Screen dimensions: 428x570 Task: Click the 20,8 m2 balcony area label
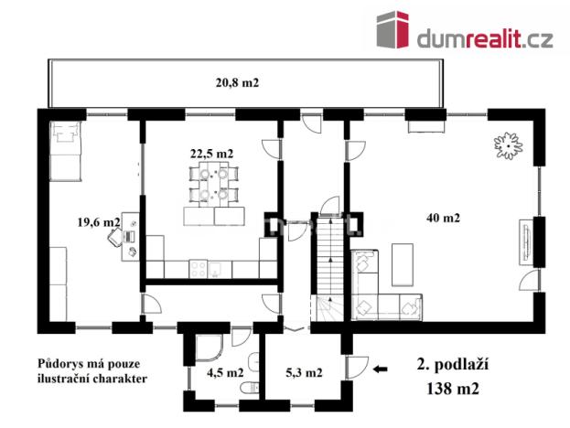[237, 82]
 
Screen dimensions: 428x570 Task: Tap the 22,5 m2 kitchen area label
[211, 153]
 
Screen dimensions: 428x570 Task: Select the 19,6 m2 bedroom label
[98, 221]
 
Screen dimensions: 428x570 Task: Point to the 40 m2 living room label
[443, 218]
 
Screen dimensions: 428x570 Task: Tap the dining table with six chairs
[210, 186]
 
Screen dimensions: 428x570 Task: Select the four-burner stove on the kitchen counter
[198, 268]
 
